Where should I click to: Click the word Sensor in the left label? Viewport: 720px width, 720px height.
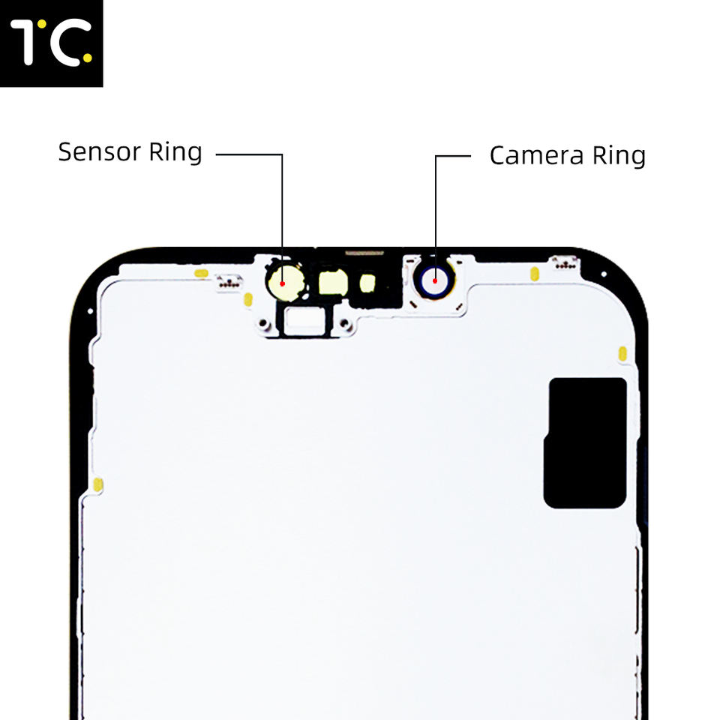pyautogui.click(x=99, y=152)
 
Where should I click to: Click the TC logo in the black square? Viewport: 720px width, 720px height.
pyautogui.click(x=51, y=43)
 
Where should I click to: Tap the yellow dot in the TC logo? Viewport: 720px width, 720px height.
pyautogui.click(x=88, y=57)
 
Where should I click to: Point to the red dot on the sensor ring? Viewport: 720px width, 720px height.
pyautogui.click(x=282, y=283)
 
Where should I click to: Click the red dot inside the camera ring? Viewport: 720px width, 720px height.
pyautogui.click(x=434, y=281)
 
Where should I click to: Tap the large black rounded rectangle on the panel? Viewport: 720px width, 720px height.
pyautogui.click(x=585, y=442)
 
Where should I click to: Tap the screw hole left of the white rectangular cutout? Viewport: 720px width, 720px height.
pyautogui.click(x=264, y=324)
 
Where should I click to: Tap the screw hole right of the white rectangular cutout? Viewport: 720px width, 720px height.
pyautogui.click(x=344, y=324)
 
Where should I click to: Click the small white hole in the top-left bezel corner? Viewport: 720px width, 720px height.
pyautogui.click(x=89, y=310)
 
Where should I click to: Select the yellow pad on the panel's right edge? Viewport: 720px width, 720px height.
pyautogui.click(x=622, y=353)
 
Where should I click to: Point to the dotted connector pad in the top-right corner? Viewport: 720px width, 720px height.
pyautogui.click(x=564, y=262)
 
